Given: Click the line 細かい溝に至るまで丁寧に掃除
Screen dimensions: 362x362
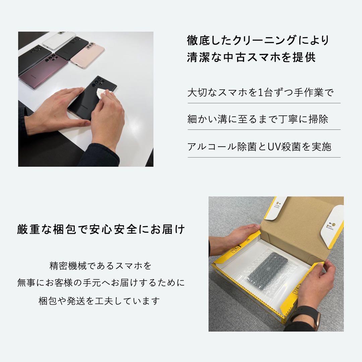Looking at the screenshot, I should (257, 119).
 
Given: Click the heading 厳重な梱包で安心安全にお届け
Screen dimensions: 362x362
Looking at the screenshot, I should (101, 230).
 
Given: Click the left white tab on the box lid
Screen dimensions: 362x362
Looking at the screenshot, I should (276, 208).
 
